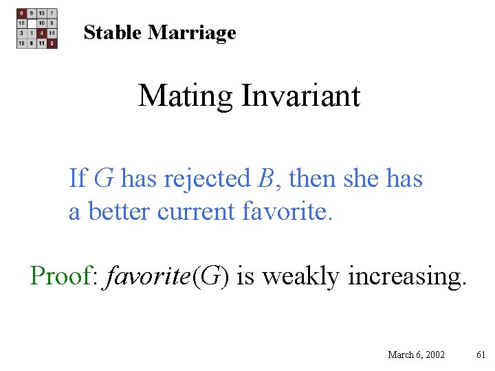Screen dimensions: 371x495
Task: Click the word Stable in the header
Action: tap(113, 32)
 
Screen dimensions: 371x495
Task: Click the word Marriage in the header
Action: tap(192, 33)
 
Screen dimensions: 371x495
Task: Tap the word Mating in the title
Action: tap(186, 95)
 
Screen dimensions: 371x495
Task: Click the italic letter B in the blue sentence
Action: tap(265, 179)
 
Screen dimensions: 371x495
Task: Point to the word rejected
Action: tap(208, 180)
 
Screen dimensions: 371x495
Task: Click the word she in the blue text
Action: tap(357, 179)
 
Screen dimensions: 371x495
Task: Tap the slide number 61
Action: tap(481, 355)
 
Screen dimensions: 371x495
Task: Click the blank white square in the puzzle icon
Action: tap(32, 23)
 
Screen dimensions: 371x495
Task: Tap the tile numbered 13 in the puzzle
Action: tap(42, 13)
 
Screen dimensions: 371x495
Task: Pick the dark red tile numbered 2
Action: tap(52, 43)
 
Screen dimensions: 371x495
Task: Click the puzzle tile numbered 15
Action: tap(22, 43)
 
